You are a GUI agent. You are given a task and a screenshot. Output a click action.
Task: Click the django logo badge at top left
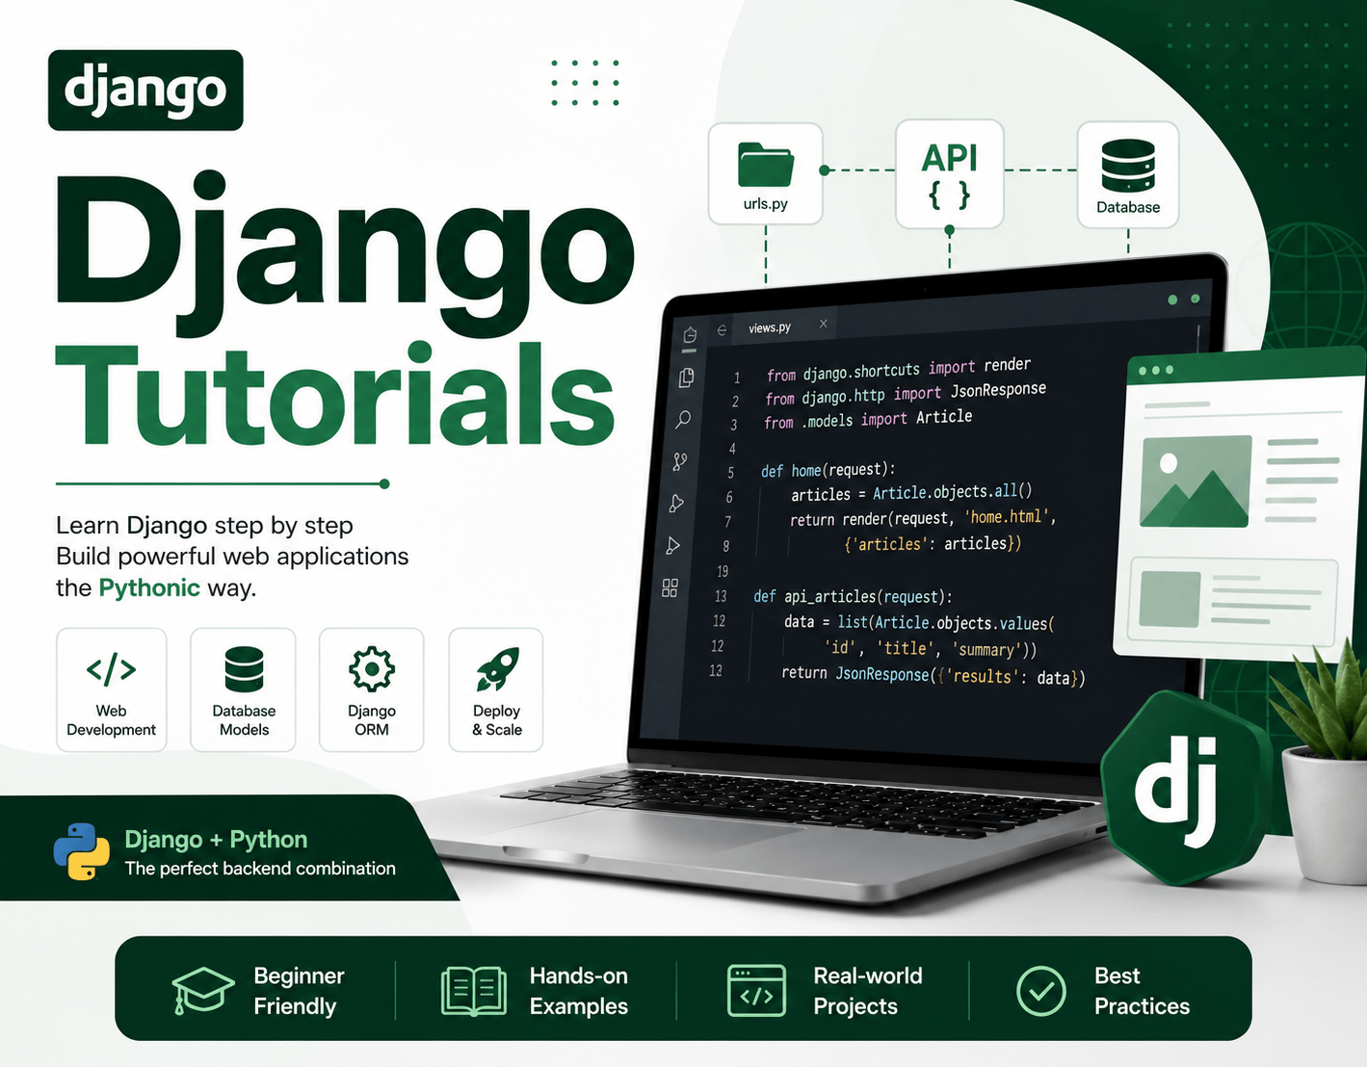point(145,90)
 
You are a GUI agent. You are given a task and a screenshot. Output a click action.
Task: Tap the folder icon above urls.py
point(766,164)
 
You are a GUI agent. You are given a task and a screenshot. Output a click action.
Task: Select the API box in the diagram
point(949,174)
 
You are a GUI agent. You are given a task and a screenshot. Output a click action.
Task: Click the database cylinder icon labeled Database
point(1128,166)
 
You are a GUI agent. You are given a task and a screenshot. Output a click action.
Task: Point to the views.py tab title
point(770,327)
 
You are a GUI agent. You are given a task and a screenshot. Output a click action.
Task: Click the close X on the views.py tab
point(824,324)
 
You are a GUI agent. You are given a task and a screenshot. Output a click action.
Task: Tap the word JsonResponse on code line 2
point(998,390)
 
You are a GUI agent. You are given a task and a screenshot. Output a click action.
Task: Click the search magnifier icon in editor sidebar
point(683,419)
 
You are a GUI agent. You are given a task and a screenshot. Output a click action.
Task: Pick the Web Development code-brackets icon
point(112,669)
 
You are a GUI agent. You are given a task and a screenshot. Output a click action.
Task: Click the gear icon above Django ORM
point(372,669)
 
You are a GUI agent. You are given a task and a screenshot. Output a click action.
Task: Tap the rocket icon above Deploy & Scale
point(497,669)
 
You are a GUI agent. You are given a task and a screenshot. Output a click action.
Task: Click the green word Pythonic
point(149,587)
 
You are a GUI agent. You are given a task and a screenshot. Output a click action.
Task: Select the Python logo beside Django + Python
point(82,851)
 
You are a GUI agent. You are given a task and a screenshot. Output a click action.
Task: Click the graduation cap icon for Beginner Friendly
point(202,990)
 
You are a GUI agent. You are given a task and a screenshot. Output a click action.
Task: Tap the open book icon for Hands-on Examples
point(474,992)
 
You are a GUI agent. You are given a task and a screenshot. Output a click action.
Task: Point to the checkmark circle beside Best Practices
point(1041,991)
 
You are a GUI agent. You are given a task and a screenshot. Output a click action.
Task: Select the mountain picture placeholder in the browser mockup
point(1196,481)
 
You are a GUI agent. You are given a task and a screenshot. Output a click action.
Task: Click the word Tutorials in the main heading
point(335,394)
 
